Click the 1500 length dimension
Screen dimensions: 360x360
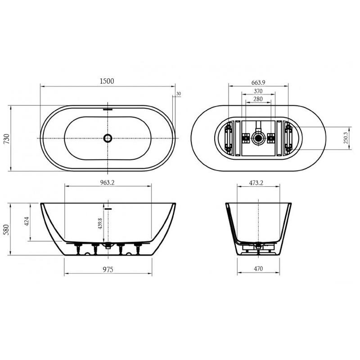pyautogui.click(x=107, y=81)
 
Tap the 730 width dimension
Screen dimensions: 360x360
pyautogui.click(x=7, y=139)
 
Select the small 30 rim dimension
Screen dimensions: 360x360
pyautogui.click(x=178, y=94)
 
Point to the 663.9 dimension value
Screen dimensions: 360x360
pyautogui.click(x=258, y=82)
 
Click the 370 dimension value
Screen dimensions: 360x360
pyautogui.click(x=258, y=91)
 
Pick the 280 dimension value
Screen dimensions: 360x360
pyautogui.click(x=258, y=99)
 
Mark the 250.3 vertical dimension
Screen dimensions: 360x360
pyautogui.click(x=346, y=138)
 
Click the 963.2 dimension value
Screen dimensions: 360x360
pyautogui.click(x=107, y=183)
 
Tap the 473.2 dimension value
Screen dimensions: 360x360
pyautogui.click(x=256, y=183)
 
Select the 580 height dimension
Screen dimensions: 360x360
pyautogui.click(x=7, y=229)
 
